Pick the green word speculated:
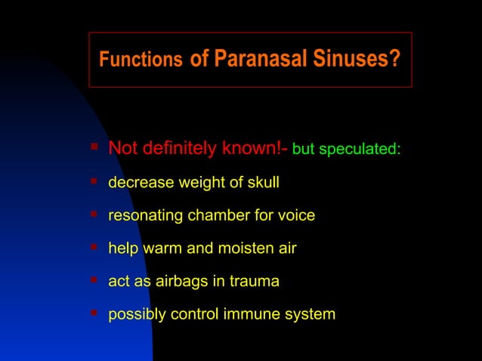pyautogui.click(x=359, y=150)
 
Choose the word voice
pyautogui.click(x=295, y=215)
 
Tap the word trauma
pyautogui.click(x=254, y=281)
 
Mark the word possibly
pyautogui.click(x=135, y=314)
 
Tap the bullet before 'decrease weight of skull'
pyautogui.click(x=94, y=180)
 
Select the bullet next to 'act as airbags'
pyautogui.click(x=94, y=279)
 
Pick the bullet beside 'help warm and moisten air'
pyautogui.click(x=94, y=246)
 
